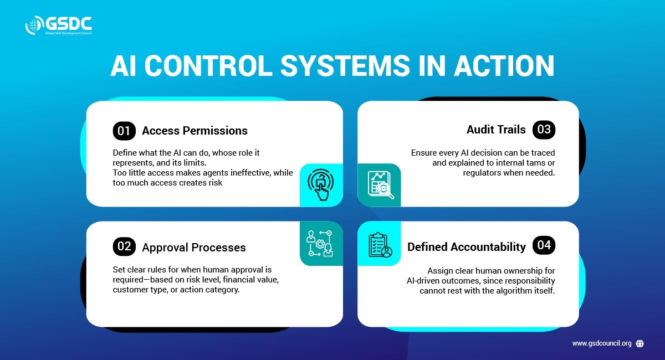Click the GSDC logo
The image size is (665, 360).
click(x=59, y=25)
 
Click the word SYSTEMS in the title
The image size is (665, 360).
click(x=345, y=65)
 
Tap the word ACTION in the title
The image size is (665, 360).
click(x=504, y=65)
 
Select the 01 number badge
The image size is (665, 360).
click(x=124, y=131)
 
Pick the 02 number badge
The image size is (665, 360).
click(x=124, y=246)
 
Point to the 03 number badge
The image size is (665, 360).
click(x=544, y=130)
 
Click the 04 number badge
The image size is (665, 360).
click(x=544, y=245)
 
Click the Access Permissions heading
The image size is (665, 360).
click(x=195, y=131)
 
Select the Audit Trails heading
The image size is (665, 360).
click(x=496, y=130)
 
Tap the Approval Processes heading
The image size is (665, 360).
click(x=194, y=248)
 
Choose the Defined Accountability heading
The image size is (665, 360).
click(x=467, y=247)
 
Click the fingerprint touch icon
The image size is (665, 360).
click(x=321, y=184)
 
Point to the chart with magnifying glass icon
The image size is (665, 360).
click(x=381, y=185)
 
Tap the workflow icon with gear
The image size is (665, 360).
click(x=320, y=243)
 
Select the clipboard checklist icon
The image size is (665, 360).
click(x=380, y=245)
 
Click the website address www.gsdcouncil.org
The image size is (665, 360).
click(x=602, y=343)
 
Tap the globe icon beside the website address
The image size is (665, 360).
click(x=640, y=344)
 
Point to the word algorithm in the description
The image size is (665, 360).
click(x=510, y=291)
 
